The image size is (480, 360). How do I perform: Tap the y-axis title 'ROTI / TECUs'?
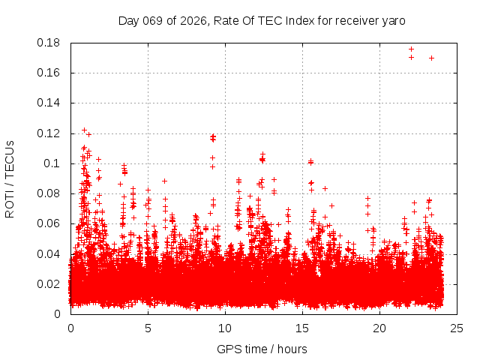(10, 178)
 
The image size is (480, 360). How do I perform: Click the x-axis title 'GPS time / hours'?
(262, 349)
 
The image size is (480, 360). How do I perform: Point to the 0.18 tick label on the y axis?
(49, 43)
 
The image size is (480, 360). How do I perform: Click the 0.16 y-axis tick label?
(49, 73)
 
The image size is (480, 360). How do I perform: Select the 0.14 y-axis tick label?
(49, 103)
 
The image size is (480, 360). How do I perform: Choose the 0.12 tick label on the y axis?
(49, 133)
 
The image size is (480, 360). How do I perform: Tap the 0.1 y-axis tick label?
(52, 163)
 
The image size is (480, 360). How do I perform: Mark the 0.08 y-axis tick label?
(49, 193)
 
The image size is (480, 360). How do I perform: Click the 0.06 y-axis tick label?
(49, 223)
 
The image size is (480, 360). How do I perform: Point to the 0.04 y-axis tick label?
(49, 253)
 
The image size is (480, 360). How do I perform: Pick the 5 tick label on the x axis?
(148, 328)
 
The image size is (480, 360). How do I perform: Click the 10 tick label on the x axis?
(225, 328)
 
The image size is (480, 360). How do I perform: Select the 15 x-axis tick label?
(302, 328)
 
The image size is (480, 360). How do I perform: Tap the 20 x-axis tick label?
(379, 328)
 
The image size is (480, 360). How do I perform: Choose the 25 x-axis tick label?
(457, 328)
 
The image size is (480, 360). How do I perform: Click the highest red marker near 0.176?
(411, 49)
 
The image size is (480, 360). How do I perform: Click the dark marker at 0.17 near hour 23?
(431, 58)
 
